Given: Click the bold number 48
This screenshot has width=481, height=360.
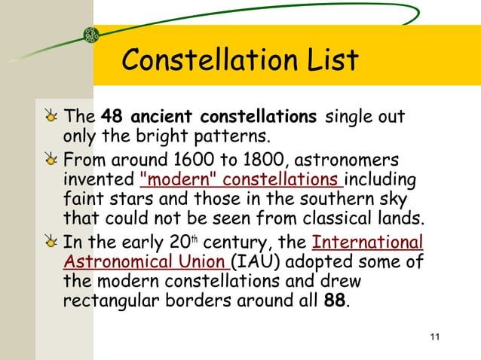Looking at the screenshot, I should click(112, 118).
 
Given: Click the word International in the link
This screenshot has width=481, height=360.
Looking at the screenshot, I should click(367, 243).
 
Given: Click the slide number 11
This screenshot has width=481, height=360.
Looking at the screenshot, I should click(432, 336).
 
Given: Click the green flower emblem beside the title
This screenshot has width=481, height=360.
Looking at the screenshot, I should click(92, 34).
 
